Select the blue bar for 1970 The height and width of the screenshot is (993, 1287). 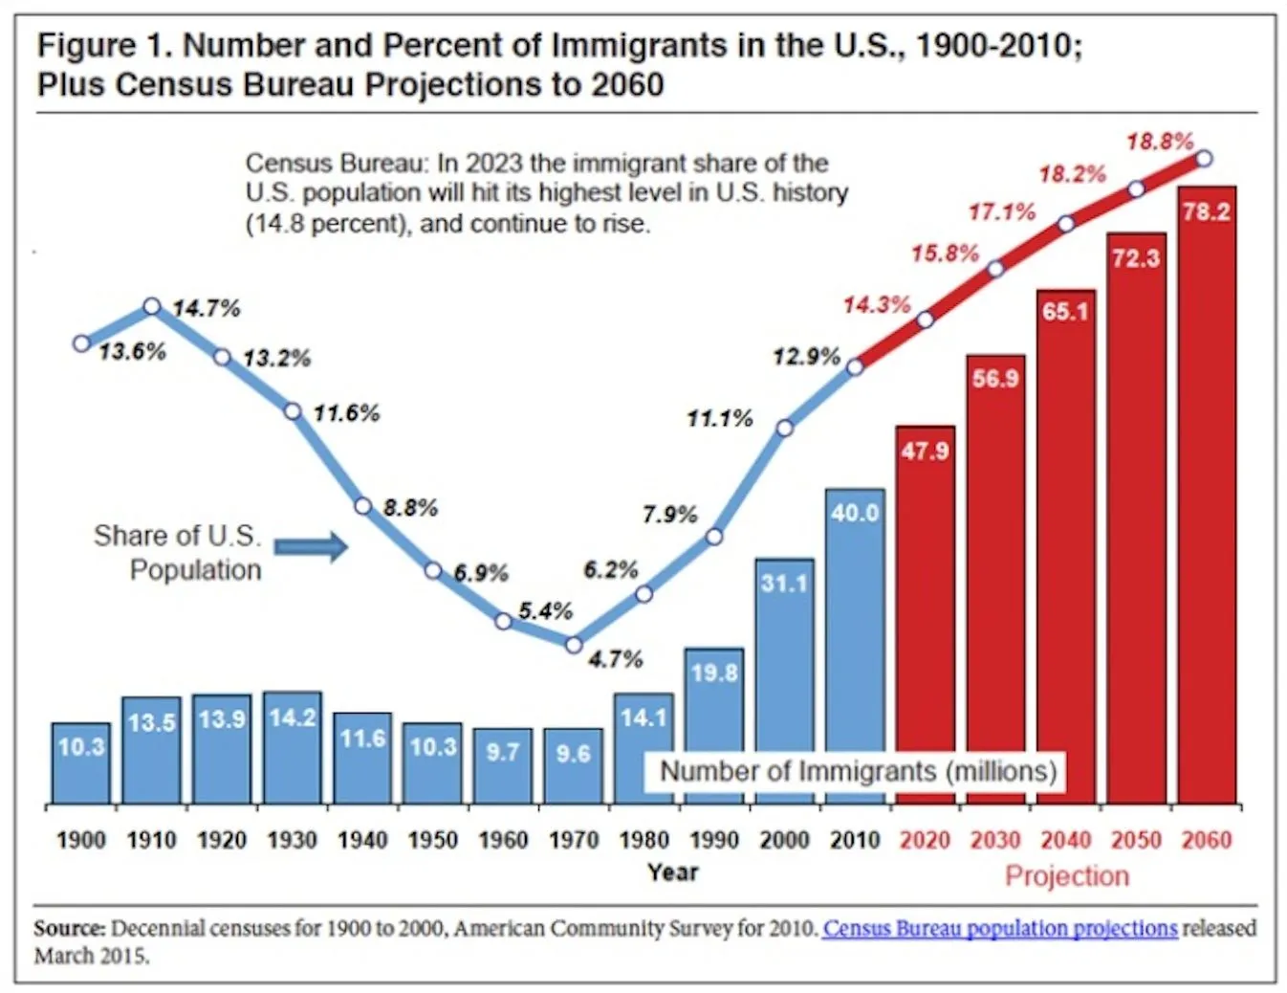573,765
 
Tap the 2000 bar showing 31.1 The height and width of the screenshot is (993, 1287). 784,670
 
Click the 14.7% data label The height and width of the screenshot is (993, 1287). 207,308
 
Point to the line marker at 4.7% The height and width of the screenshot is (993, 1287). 574,645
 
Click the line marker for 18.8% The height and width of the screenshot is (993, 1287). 1205,158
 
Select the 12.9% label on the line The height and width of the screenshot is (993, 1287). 806,357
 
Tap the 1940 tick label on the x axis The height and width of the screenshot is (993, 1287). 362,840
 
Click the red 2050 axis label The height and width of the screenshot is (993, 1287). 1136,840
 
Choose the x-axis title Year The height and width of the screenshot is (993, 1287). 672,872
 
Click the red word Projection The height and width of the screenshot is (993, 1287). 1066,875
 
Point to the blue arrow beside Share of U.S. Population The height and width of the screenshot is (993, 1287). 311,546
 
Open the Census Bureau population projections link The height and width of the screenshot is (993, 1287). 999,928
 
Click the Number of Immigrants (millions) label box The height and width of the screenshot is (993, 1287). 858,771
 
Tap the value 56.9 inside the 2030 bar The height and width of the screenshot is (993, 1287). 995,379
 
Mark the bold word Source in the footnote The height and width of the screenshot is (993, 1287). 69,928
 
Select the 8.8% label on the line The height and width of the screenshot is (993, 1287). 410,507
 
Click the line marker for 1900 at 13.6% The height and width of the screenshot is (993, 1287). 82,342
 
